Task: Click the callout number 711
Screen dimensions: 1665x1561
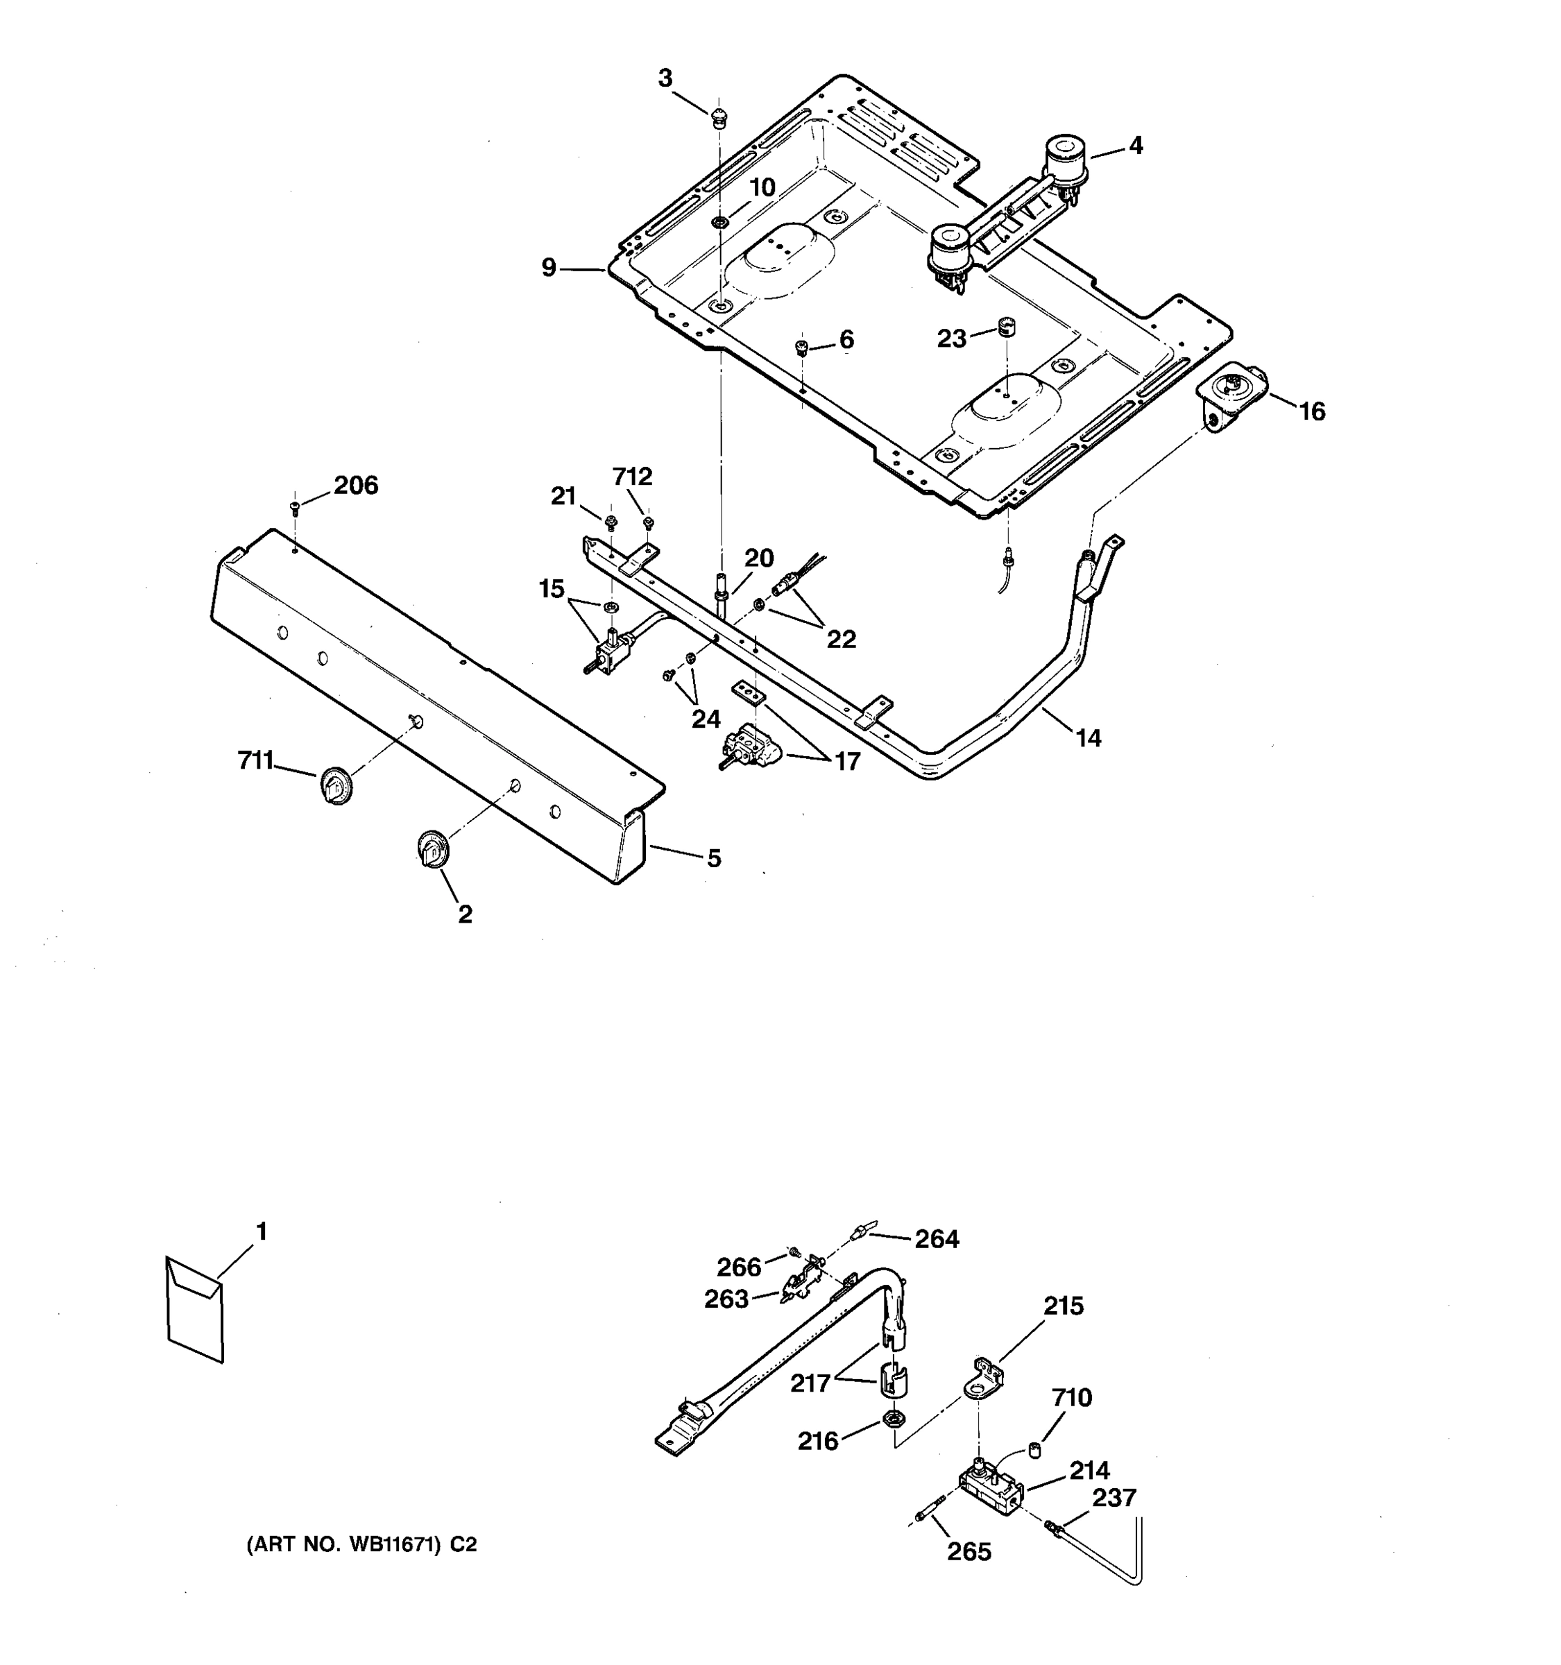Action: tap(255, 760)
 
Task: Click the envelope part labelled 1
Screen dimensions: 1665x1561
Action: tap(195, 1309)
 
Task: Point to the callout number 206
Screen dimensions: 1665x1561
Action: tap(356, 485)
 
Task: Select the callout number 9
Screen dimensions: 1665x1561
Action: tap(549, 268)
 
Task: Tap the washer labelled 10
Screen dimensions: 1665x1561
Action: tap(719, 222)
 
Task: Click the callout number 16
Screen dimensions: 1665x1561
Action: tap(1311, 411)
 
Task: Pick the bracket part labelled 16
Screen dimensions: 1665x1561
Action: tap(1231, 398)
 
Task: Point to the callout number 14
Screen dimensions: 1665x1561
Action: tap(1088, 738)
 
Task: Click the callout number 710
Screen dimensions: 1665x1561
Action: tap(1072, 1397)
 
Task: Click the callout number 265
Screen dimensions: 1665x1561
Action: tap(969, 1552)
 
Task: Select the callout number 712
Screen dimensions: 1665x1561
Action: tap(631, 477)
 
